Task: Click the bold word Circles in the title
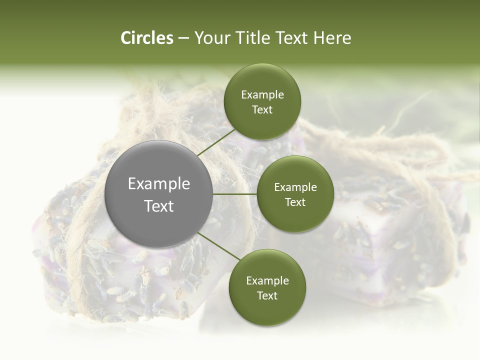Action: tap(147, 38)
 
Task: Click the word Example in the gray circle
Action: tap(159, 184)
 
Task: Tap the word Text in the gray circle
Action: tap(159, 206)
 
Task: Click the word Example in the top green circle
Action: tap(262, 95)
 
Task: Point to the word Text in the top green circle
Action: tap(262, 110)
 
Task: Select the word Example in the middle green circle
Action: tap(295, 187)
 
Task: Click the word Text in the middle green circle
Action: tap(295, 202)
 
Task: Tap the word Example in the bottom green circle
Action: tap(267, 281)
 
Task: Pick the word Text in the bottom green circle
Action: tap(267, 296)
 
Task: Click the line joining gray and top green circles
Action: tap(216, 142)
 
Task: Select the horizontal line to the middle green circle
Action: tap(235, 194)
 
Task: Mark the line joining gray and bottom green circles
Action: tap(219, 246)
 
